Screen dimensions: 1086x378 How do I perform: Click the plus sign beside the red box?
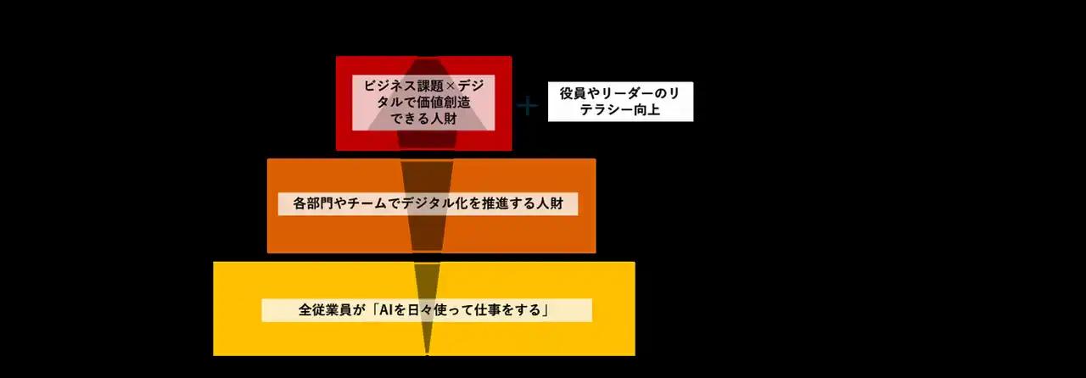pyautogui.click(x=528, y=106)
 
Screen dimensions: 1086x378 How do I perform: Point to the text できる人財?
pyautogui.click(x=423, y=119)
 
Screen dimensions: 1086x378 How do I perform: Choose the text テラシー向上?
pyautogui.click(x=620, y=110)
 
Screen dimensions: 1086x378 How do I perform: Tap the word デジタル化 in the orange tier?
pyautogui.click(x=434, y=203)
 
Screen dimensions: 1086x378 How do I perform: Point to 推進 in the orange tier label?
pyautogui.click(x=495, y=203)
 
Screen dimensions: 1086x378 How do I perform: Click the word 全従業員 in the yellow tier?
pyautogui.click(x=325, y=309)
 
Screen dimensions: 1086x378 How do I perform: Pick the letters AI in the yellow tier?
pyautogui.click(x=386, y=309)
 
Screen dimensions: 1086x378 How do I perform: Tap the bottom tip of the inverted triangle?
pyautogui.click(x=427, y=355)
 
